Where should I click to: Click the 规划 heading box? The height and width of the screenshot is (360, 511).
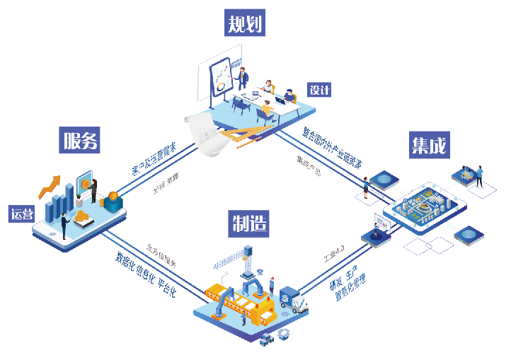tap(245, 24)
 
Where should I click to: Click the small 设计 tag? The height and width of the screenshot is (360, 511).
tap(319, 90)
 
